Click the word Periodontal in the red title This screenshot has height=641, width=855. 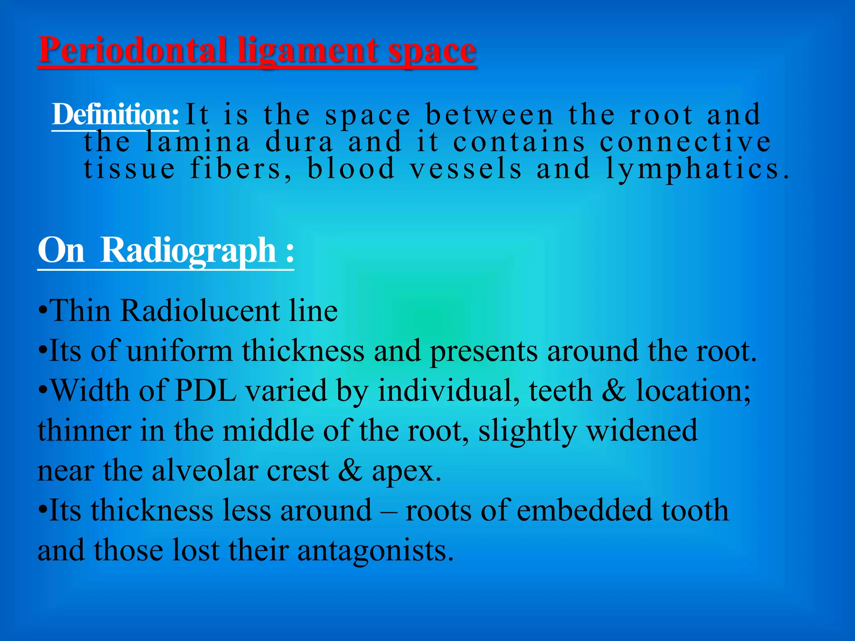click(132, 50)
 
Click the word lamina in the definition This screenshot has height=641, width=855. click(198, 142)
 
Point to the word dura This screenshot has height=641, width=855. click(299, 142)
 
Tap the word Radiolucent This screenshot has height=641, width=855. click(200, 311)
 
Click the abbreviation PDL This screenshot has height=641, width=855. click(205, 391)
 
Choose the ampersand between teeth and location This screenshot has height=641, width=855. click(614, 391)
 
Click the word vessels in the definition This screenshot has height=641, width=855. click(465, 169)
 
